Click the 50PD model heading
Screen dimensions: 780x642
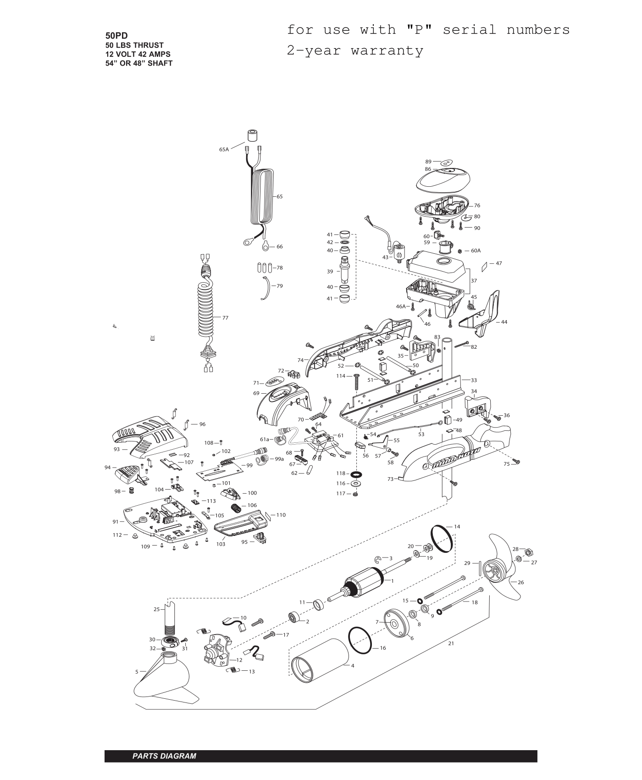pos(116,36)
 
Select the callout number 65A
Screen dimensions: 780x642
pos(224,150)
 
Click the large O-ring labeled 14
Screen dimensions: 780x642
pos(442,539)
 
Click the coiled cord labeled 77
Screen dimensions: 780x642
pos(207,312)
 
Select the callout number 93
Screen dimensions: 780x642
pos(116,449)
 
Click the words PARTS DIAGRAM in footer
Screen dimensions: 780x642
pos(164,756)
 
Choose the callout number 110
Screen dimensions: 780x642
pos(281,515)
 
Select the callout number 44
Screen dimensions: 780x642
pos(504,322)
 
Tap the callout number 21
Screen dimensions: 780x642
pos(451,644)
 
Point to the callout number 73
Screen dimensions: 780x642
pos(390,479)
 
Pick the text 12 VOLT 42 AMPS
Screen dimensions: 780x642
pos(138,54)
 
